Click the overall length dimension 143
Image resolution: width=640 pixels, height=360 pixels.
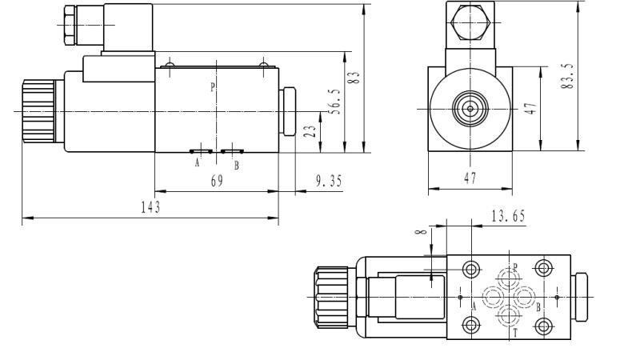click(150, 208)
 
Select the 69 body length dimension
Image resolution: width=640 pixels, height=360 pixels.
click(217, 182)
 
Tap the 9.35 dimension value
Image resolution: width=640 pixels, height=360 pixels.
click(328, 182)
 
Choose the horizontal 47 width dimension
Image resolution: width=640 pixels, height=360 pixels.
click(470, 179)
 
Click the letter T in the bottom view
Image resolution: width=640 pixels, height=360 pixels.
click(515, 331)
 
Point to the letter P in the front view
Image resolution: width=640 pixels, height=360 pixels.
click(212, 87)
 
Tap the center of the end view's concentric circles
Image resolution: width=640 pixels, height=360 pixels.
click(469, 109)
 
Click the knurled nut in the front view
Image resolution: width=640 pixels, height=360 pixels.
click(38, 110)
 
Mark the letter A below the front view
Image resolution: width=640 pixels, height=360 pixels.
click(197, 165)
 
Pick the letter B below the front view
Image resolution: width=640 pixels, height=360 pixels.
click(236, 166)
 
